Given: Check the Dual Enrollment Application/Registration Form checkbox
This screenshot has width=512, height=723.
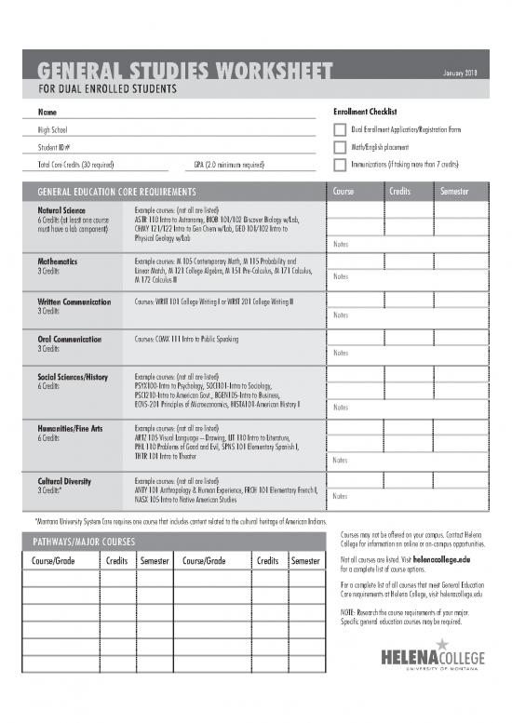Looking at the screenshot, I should click(339, 129).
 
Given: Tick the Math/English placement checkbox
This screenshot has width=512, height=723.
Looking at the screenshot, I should click(339, 147).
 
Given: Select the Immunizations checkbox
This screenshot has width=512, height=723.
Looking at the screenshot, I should click(339, 165).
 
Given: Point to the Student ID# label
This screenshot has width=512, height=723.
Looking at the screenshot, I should click(46, 147).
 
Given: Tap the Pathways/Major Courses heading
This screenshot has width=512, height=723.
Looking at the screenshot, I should click(86, 541).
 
